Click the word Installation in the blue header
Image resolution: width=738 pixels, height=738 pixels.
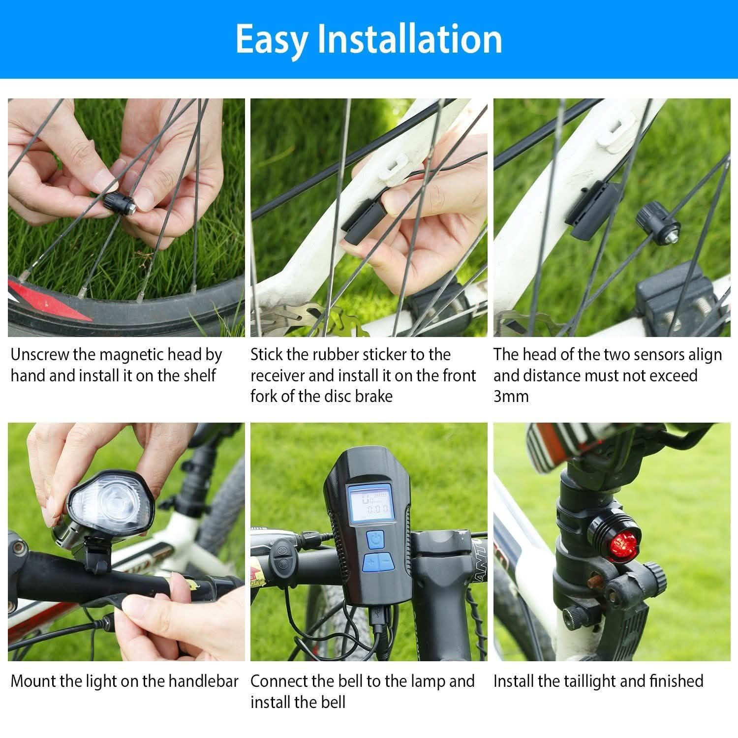409,39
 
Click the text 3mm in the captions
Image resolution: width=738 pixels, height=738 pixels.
511,397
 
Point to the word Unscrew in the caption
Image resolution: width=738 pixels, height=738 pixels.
39,355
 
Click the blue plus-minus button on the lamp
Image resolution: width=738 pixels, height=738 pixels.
377,561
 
